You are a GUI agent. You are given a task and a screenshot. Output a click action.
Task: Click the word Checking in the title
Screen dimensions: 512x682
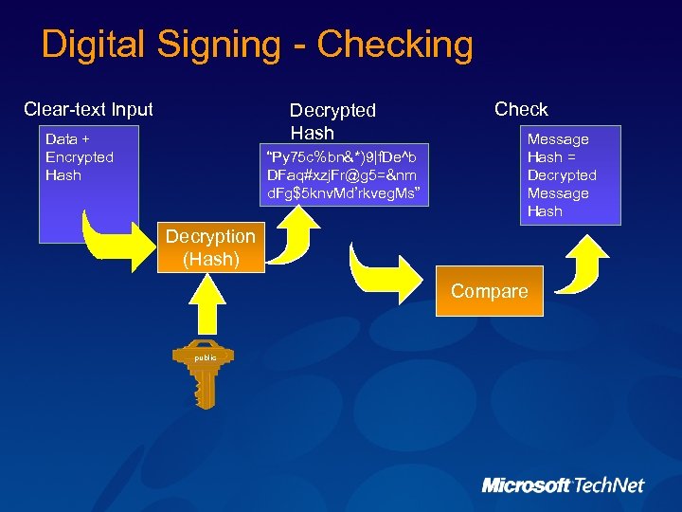(x=395, y=45)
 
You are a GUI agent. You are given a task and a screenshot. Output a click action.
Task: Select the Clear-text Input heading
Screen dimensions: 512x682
(x=88, y=109)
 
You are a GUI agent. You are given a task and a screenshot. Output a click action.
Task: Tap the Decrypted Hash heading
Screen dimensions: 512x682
(x=332, y=121)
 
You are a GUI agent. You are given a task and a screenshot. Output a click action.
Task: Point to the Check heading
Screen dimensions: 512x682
(x=521, y=109)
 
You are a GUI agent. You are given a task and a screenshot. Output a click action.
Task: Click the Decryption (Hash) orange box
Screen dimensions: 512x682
(x=210, y=247)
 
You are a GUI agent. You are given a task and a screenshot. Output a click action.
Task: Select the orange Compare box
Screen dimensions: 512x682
(x=489, y=292)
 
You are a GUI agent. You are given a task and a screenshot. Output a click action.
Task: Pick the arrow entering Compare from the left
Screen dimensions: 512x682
(x=385, y=274)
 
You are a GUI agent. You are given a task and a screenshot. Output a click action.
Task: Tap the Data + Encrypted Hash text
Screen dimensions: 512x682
(x=80, y=157)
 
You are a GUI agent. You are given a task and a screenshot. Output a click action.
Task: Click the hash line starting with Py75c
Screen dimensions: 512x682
(x=347, y=156)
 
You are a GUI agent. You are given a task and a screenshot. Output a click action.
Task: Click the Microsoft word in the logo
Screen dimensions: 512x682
(x=526, y=485)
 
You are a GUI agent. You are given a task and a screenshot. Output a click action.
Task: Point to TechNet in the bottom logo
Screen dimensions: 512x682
(x=608, y=485)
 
